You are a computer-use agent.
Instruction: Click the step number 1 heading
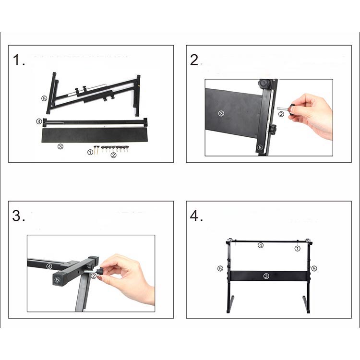click(19, 60)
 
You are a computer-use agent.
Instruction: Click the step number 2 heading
click(196, 60)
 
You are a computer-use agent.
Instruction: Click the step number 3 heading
click(19, 216)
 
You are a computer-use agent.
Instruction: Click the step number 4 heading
click(196, 216)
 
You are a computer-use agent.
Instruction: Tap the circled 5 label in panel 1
click(44, 98)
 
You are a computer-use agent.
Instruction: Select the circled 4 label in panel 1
click(39, 121)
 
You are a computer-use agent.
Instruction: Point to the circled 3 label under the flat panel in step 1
click(60, 146)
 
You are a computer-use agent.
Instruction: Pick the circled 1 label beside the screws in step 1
click(90, 152)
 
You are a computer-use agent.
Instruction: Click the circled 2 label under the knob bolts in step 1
click(113, 156)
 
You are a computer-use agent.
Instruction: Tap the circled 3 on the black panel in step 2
click(221, 113)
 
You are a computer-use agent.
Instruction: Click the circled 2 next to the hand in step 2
click(281, 114)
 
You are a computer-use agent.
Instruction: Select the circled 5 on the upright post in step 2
click(260, 147)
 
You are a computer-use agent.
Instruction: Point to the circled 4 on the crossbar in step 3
click(49, 266)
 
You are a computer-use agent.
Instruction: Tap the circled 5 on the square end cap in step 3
click(58, 279)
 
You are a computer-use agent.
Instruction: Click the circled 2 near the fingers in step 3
click(94, 276)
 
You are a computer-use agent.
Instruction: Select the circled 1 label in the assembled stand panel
click(297, 249)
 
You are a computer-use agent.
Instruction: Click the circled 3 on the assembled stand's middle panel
click(266, 276)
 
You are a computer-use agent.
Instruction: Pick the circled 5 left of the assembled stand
click(220, 268)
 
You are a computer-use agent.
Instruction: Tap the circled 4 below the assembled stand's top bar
click(261, 245)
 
